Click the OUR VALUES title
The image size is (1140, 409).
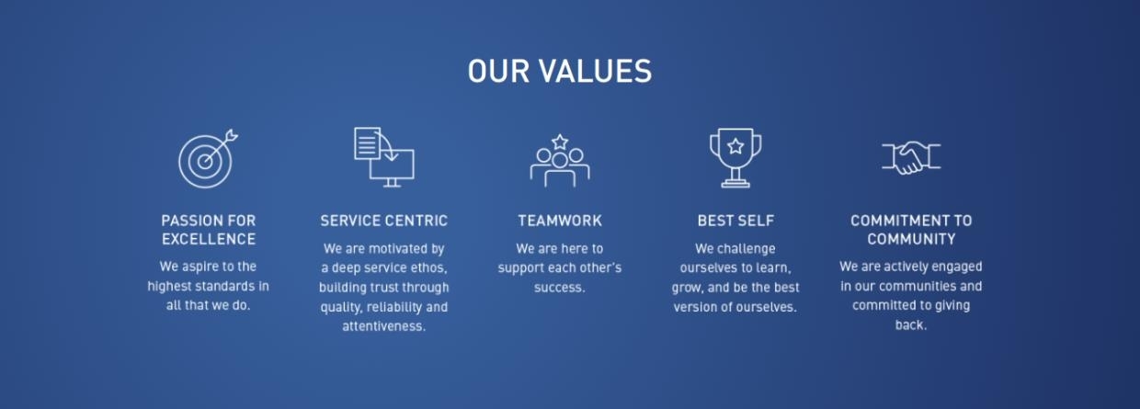559,72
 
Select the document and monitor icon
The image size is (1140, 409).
384,157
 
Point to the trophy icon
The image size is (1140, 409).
735,157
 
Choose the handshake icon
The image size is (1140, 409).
910,158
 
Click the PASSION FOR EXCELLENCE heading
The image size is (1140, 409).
208,230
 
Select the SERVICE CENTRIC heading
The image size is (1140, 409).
384,221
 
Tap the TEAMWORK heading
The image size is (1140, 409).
559,221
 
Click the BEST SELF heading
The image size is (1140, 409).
735,221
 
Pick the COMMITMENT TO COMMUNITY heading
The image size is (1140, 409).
910,230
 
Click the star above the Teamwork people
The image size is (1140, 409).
559,142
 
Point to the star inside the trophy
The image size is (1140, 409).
735,145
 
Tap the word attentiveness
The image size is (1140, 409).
384,326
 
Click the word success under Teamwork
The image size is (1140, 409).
559,288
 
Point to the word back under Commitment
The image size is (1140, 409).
910,325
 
